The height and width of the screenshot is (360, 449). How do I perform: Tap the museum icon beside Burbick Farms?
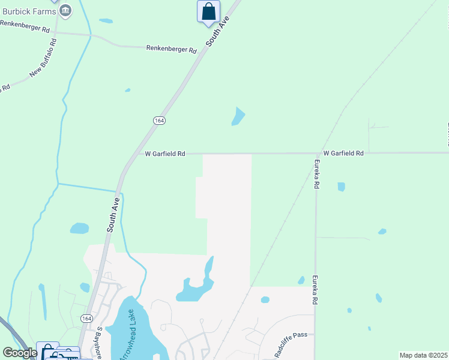[66, 10]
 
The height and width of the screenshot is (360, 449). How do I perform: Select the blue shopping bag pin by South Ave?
[208, 11]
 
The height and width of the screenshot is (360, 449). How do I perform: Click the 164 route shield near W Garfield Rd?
[159, 120]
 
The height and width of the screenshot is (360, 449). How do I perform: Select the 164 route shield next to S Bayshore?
[86, 318]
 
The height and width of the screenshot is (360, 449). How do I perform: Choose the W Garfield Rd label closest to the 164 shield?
[165, 154]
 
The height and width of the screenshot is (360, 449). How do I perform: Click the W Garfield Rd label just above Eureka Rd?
[343, 154]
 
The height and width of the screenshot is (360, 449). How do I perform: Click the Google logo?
[20, 353]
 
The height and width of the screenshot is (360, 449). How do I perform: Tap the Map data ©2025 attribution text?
[423, 355]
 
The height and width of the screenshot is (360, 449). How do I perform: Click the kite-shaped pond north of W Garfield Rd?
[238, 117]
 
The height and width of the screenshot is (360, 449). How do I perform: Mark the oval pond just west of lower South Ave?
[79, 228]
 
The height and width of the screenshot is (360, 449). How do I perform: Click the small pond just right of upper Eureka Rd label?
[341, 187]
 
